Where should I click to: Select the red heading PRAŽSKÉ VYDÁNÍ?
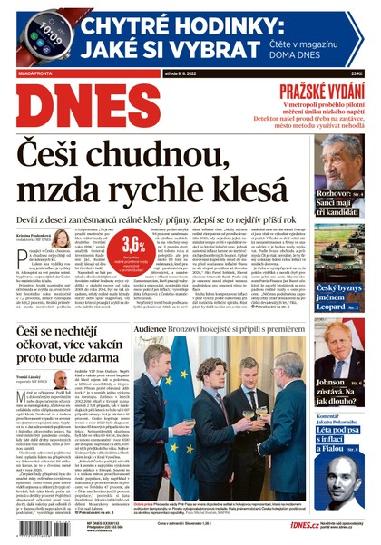(x=320, y=90)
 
